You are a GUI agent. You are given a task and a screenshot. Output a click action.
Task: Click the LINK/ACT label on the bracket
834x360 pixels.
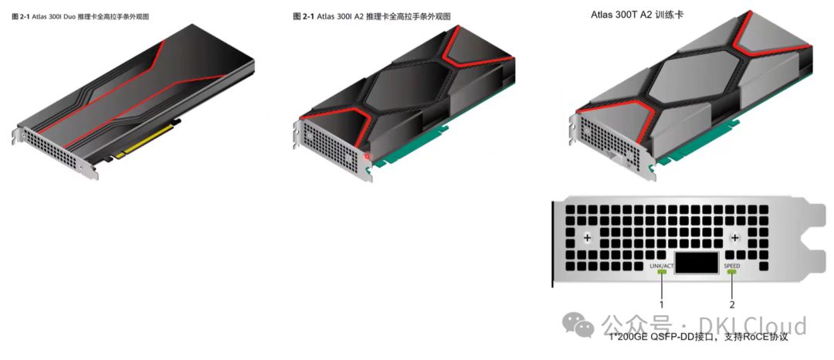click(x=663, y=266)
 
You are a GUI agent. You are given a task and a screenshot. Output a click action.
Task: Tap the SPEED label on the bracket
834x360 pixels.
click(x=731, y=266)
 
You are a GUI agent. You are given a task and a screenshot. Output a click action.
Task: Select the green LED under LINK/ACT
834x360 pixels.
click(x=663, y=272)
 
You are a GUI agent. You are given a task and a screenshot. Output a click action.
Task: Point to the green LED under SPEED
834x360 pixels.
click(x=731, y=272)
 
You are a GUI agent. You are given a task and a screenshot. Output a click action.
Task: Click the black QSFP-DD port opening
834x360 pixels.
click(x=697, y=262)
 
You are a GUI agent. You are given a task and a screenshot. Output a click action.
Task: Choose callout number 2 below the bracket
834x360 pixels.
click(x=731, y=304)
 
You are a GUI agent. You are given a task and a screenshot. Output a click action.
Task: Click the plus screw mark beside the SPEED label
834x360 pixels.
click(x=735, y=239)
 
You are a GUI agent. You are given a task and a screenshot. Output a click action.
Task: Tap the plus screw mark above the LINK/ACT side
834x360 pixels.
click(x=587, y=239)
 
